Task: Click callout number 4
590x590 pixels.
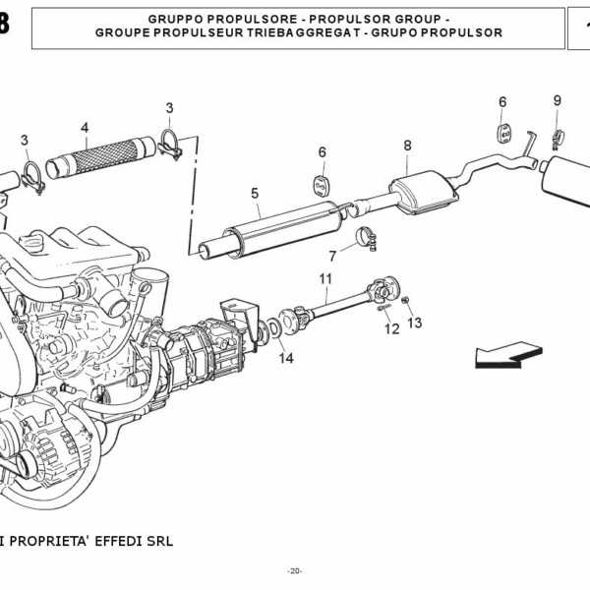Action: [x=85, y=127]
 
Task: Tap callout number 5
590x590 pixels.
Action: [x=254, y=194]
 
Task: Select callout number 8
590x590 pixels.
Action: [x=407, y=147]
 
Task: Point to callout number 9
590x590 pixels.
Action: [x=557, y=100]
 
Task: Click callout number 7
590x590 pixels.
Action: [x=332, y=256]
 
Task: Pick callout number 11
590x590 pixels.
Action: [x=325, y=278]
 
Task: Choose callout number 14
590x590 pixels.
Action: [x=285, y=358]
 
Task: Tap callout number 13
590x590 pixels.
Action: [x=414, y=323]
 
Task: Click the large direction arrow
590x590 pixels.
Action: [x=508, y=355]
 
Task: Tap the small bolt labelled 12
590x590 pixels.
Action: [x=386, y=312]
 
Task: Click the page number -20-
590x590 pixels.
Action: [x=295, y=571]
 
